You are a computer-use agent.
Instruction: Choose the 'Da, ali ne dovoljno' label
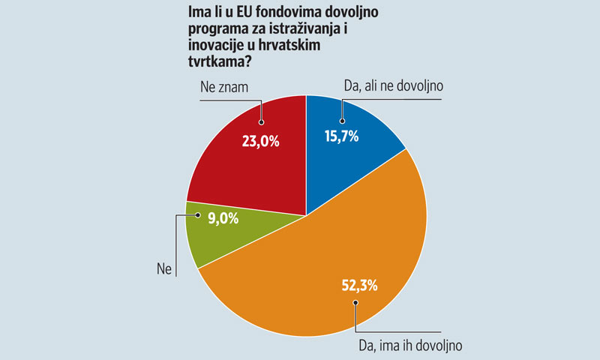tap(393, 86)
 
